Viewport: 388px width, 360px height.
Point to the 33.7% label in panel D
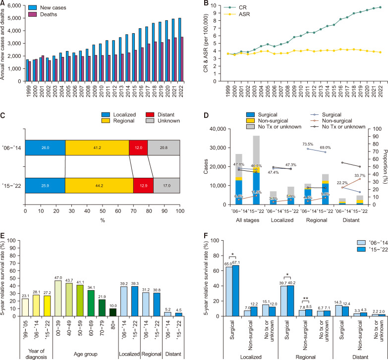[x=360, y=174]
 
